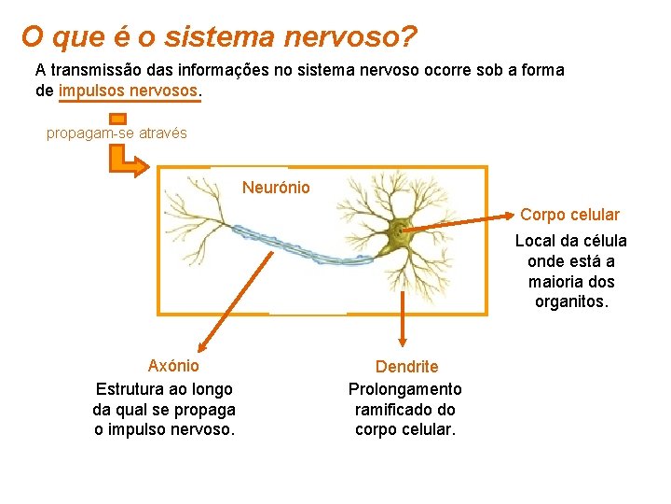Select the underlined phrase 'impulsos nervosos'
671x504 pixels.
coord(129,91)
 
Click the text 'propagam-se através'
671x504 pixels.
coord(116,133)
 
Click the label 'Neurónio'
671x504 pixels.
coord(276,188)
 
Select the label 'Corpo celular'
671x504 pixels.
coord(569,215)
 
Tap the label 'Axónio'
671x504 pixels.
coord(173,366)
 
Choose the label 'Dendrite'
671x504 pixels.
coord(406,367)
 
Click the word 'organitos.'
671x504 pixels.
coord(570,301)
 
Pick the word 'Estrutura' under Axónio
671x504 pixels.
coord(129,388)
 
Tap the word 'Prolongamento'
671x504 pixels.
coord(404,388)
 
